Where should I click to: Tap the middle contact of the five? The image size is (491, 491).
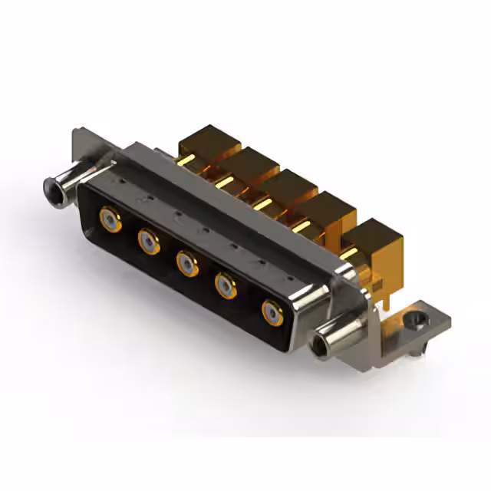pos(186,263)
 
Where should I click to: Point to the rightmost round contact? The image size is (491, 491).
pos(272,312)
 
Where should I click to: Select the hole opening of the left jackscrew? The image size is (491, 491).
pos(51,186)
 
